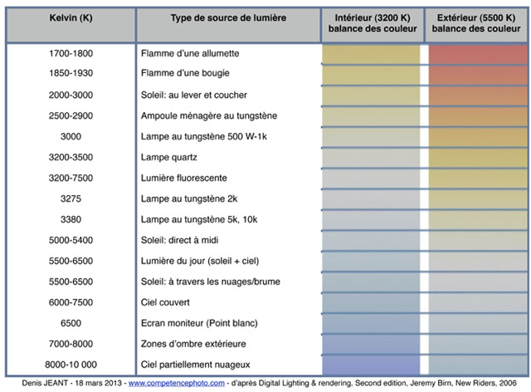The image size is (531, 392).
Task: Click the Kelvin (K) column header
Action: pyautogui.click(x=71, y=17)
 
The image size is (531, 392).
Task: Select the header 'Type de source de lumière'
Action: pyautogui.click(x=229, y=17)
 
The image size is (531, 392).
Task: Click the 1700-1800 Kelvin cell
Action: pyautogui.click(x=71, y=53)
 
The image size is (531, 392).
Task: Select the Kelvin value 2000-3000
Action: pyautogui.click(x=71, y=95)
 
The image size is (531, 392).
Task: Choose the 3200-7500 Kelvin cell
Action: pyautogui.click(x=71, y=178)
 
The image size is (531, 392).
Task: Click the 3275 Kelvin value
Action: pyautogui.click(x=71, y=198)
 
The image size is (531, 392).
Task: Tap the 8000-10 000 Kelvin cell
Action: pyautogui.click(x=71, y=365)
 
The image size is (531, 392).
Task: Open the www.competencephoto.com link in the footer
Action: pyautogui.click(x=177, y=384)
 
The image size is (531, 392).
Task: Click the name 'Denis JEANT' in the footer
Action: pyautogui.click(x=30, y=384)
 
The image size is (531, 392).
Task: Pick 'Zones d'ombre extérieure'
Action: pyautogui.click(x=195, y=344)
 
